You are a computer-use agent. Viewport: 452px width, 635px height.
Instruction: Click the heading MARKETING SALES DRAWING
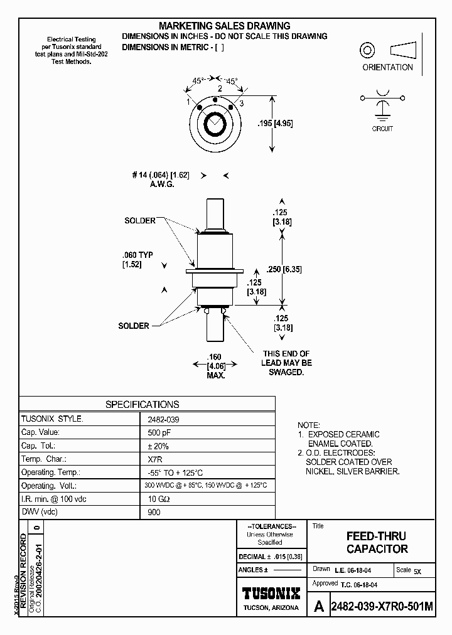pos(224,26)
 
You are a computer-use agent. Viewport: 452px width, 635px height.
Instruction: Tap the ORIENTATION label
pos(387,67)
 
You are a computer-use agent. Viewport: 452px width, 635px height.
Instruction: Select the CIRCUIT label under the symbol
pos(382,129)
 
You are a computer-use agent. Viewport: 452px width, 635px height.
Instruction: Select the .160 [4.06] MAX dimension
pos(215,365)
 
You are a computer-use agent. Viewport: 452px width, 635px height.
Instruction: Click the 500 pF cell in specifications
pos(158,432)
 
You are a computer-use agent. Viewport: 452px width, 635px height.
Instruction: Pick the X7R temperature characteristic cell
pos(154,459)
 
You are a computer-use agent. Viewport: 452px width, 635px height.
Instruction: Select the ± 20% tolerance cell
pos(158,446)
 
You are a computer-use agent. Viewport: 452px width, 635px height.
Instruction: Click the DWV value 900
pos(154,512)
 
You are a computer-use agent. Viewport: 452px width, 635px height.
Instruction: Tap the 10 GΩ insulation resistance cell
pos(158,499)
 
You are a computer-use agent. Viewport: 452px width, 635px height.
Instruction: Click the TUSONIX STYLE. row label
pos(52,419)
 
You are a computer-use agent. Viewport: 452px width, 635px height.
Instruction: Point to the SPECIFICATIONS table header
pos(142,405)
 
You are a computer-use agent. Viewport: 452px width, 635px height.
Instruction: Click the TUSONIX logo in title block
pos(271,594)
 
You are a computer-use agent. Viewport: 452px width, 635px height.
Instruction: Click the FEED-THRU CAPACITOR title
pos(377,543)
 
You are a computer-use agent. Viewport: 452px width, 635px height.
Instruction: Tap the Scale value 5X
pos(417,571)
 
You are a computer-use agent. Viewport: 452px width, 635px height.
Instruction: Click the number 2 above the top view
pos(220,89)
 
